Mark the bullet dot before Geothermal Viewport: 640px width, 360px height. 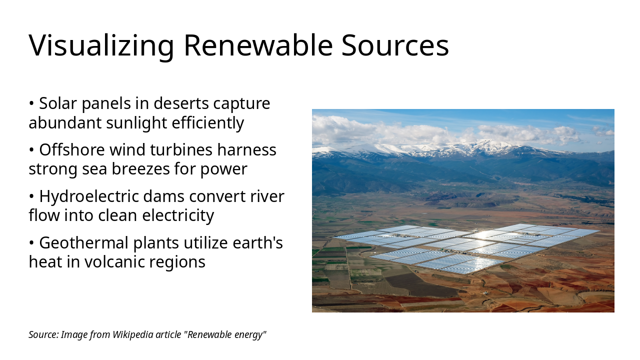(x=31, y=243)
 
